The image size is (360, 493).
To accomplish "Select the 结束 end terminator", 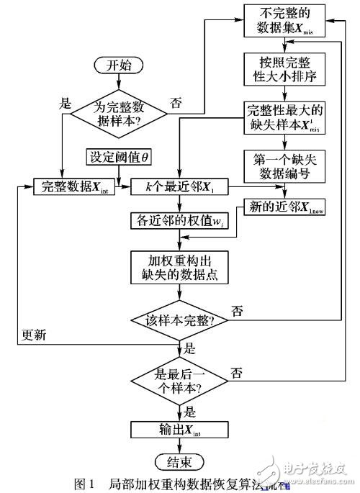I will [178, 460].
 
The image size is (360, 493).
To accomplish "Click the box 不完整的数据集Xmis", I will [287, 22].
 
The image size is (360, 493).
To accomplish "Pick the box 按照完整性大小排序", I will [287, 71].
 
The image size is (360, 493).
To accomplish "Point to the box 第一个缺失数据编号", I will [287, 163].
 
